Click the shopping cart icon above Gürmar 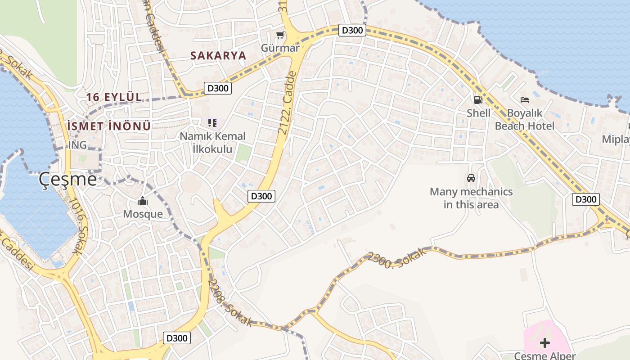[280, 35]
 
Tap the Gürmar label [280, 48]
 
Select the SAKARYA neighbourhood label [218, 56]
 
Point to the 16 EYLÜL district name [114, 97]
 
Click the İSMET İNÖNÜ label [109, 126]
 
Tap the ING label [77, 145]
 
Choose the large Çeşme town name [67, 179]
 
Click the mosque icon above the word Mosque [143, 201]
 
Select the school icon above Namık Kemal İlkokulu [212, 122]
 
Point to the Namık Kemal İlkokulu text [213, 142]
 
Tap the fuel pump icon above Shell [478, 100]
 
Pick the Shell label [478, 113]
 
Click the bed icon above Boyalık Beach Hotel [524, 99]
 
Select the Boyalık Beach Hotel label [525, 119]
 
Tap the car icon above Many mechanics [471, 178]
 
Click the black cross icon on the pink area [545, 343]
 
